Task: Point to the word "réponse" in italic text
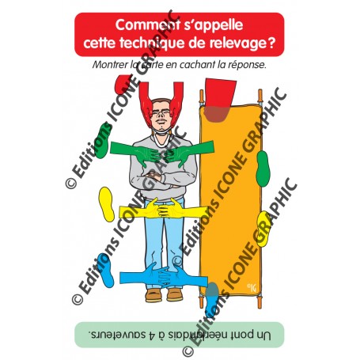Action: coord(247,65)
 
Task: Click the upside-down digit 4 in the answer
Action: coord(151,335)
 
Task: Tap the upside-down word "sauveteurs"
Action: coord(117,335)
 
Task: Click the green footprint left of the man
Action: coord(102,141)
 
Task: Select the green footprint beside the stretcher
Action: coord(263,169)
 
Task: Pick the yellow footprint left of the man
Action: coord(107,204)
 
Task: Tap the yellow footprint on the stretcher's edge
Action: coord(263,229)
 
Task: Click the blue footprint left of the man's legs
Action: coord(105,271)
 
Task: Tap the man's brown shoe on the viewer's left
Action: coord(153,295)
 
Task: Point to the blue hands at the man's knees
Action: coord(164,278)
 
